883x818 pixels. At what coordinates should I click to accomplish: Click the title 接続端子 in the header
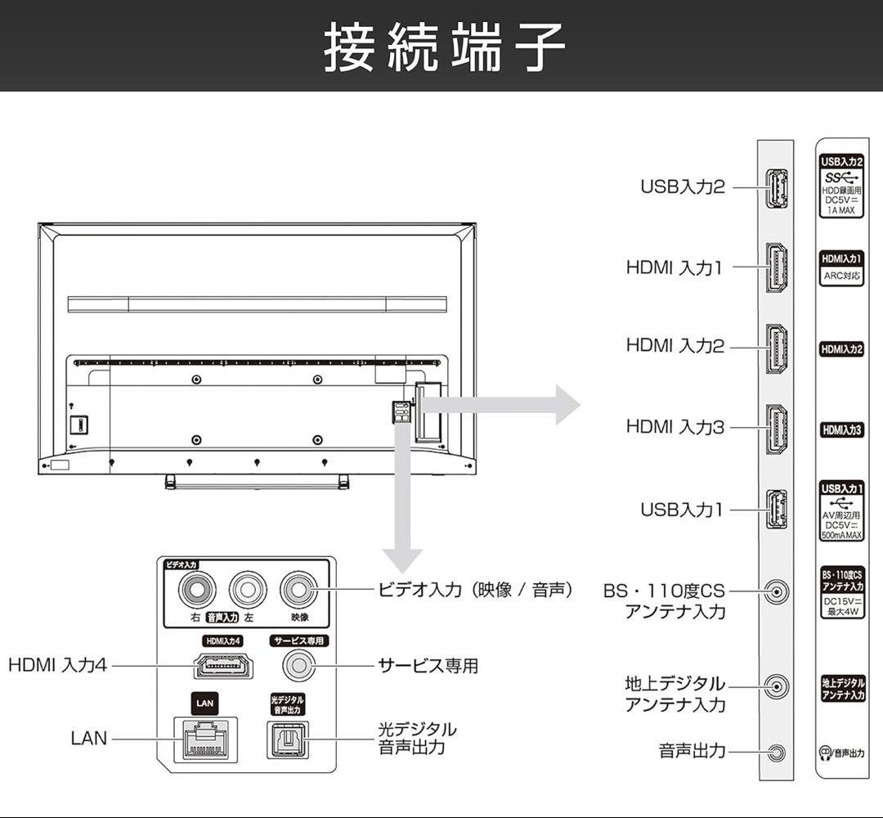point(444,47)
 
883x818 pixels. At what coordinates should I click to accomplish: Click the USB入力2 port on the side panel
point(776,188)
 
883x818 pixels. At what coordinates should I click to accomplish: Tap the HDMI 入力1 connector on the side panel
point(776,267)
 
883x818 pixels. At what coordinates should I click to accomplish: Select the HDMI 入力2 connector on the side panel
point(776,348)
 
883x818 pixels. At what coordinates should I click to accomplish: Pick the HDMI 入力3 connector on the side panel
point(776,428)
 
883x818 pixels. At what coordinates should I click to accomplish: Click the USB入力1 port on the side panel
point(776,510)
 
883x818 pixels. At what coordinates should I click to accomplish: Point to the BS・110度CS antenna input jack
point(776,591)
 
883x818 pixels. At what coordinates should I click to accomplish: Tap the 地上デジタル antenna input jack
point(776,685)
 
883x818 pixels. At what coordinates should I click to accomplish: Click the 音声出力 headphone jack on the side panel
point(776,751)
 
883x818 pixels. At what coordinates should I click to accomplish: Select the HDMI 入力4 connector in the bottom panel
point(223,666)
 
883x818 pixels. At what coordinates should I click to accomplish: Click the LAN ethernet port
point(205,739)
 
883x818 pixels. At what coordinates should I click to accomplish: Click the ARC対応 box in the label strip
point(841,276)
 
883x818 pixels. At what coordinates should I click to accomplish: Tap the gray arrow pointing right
point(507,403)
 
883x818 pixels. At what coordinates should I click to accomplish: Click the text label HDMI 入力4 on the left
point(57,666)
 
